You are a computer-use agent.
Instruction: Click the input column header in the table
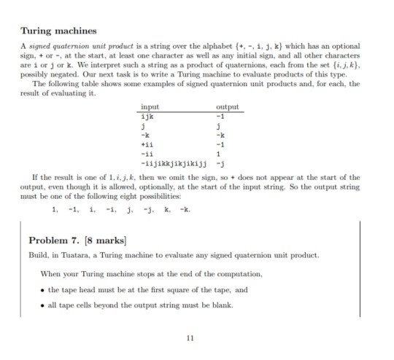[149, 107]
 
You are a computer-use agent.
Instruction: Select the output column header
[228, 107]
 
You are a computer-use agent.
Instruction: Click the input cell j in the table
[142, 125]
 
